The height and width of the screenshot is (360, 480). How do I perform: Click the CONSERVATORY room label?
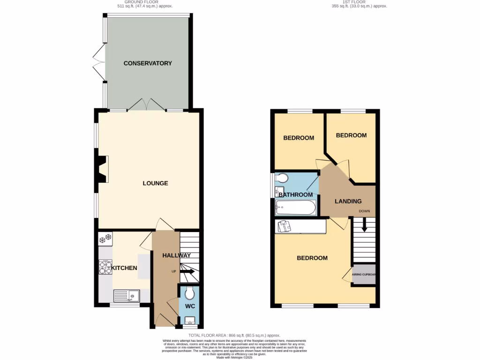click(148, 63)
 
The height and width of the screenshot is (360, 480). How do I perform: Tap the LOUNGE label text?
click(155, 183)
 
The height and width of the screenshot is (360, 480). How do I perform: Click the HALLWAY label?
click(176, 255)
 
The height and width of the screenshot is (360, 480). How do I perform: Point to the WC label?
click(189, 306)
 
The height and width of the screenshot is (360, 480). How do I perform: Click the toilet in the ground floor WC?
click(189, 293)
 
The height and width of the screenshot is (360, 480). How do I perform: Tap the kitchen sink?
click(127, 296)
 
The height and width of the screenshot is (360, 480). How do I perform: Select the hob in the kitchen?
click(104, 268)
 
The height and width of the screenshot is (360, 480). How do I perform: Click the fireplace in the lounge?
click(102, 169)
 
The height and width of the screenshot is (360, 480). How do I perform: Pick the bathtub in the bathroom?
click(296, 207)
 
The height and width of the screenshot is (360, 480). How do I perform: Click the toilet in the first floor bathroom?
click(282, 179)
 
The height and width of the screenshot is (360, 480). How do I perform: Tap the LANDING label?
click(348, 201)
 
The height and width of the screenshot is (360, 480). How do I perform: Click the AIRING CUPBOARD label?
click(364, 275)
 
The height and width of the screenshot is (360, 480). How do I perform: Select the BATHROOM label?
click(295, 195)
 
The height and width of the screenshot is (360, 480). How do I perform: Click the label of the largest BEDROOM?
click(313, 258)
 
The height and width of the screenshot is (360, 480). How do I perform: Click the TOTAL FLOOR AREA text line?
click(234, 336)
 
